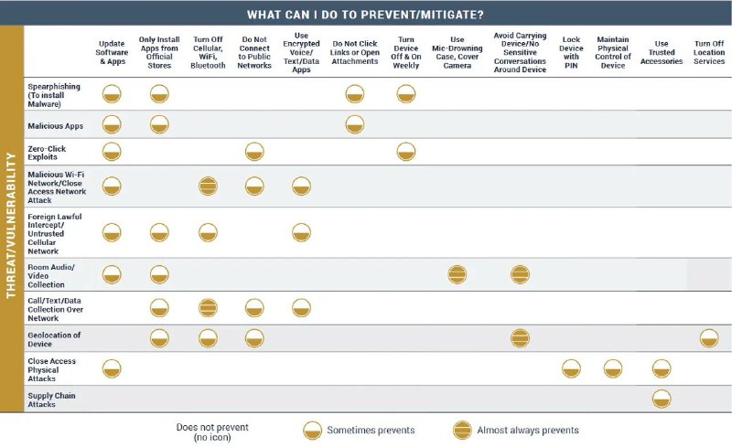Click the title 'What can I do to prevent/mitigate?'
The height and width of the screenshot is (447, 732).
click(x=365, y=15)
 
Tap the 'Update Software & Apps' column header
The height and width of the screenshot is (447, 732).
click(x=112, y=52)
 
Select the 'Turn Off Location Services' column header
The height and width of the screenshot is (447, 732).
click(x=708, y=52)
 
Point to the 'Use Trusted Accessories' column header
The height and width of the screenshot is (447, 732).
click(x=662, y=52)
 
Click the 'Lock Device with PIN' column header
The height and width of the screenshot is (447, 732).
click(x=571, y=52)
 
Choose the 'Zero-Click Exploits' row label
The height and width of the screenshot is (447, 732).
click(x=47, y=153)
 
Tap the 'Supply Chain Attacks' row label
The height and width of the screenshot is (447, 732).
click(x=51, y=399)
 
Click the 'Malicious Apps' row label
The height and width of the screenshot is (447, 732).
click(x=55, y=126)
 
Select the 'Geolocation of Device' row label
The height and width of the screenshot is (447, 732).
click(x=54, y=339)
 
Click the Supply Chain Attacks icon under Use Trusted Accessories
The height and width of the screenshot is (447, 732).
click(x=662, y=399)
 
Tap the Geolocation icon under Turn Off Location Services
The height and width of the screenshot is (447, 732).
click(x=709, y=338)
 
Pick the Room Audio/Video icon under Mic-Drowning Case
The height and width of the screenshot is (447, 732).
click(x=457, y=274)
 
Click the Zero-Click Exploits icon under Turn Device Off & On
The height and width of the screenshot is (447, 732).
click(x=406, y=152)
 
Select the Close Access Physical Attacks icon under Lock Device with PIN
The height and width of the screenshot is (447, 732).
click(x=571, y=368)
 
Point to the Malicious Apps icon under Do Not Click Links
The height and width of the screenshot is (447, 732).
click(x=355, y=124)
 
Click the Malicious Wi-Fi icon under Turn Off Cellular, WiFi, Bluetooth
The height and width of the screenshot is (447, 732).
click(x=208, y=186)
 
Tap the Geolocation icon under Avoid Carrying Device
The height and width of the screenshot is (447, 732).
click(x=520, y=338)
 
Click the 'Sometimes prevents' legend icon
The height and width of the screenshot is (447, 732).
click(x=312, y=431)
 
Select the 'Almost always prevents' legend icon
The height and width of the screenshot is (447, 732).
click(x=462, y=431)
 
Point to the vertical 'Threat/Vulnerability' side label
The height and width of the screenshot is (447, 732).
click(x=11, y=225)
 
